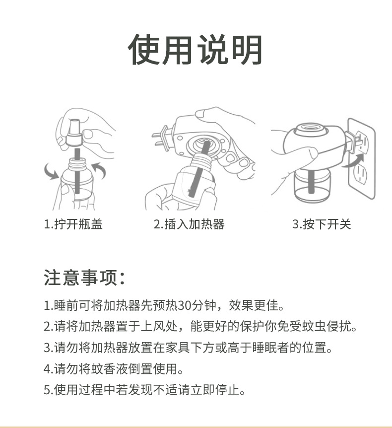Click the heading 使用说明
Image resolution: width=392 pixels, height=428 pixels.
pyautogui.click(x=196, y=50)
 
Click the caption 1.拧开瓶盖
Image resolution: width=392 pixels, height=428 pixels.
pyautogui.click(x=73, y=224)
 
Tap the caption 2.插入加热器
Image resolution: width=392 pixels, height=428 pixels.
pyautogui.click(x=189, y=224)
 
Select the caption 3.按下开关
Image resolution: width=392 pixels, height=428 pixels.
pyautogui.click(x=321, y=224)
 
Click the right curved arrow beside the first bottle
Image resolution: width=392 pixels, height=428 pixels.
pyautogui.click(x=99, y=172)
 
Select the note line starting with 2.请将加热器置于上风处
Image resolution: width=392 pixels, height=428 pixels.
pyautogui.click(x=200, y=326)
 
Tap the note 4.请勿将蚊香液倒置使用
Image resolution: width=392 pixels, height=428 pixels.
pyautogui.click(x=114, y=369)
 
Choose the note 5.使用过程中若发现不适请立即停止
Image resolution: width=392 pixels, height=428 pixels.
pyautogui.click(x=144, y=390)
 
